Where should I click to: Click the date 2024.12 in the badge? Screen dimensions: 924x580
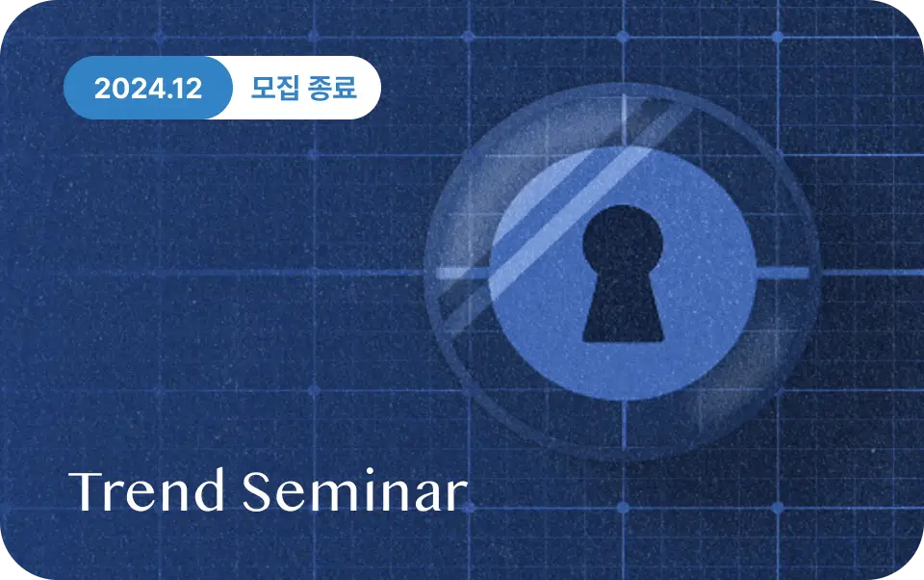148,89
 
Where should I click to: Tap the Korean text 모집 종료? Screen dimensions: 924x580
303,88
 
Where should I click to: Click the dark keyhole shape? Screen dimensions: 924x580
623,274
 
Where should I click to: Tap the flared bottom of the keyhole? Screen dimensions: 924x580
623,316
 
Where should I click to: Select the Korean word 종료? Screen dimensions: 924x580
332,88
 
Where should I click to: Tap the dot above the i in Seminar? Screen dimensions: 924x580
370,472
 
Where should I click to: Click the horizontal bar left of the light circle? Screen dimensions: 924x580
462,274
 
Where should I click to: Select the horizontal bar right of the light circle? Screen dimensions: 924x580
782,274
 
